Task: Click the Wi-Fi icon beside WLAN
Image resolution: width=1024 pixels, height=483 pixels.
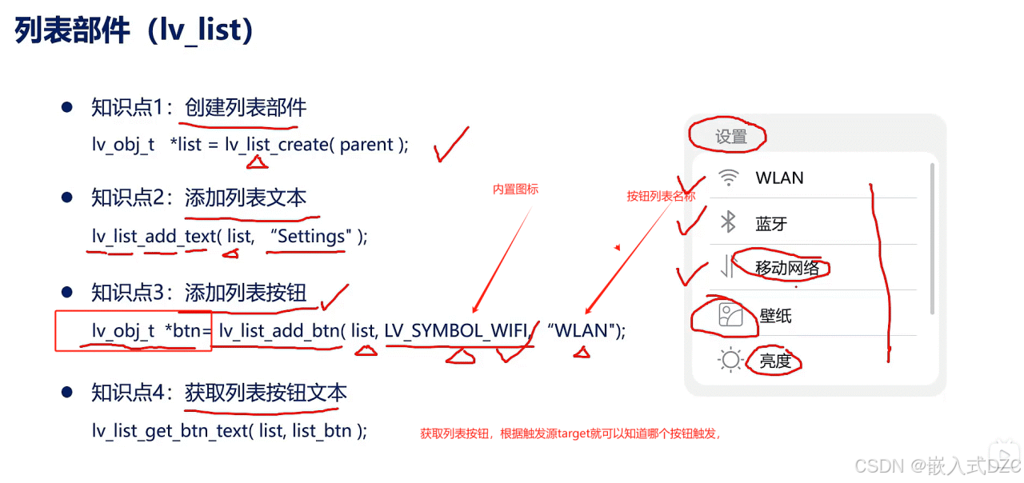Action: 728,178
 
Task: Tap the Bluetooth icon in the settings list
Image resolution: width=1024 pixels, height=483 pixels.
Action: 728,222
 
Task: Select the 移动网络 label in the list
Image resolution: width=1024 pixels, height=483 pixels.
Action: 787,268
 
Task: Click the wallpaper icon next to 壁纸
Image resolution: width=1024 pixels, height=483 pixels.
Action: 730,316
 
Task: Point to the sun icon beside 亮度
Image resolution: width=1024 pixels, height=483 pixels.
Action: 730,361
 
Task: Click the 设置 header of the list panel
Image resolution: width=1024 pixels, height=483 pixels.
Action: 730,137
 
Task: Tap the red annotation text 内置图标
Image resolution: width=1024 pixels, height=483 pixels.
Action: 515,190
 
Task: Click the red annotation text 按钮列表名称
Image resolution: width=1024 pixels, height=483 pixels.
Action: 661,196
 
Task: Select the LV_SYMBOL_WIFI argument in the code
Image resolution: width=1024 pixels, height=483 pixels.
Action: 456,330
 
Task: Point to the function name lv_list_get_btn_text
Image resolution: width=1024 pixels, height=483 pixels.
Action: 169,431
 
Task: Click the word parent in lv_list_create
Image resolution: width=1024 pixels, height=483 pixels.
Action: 366,145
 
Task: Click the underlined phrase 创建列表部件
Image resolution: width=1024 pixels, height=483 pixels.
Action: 246,107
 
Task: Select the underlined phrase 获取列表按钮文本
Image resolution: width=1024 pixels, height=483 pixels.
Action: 266,393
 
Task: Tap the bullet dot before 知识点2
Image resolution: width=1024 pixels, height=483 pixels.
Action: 68,198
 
